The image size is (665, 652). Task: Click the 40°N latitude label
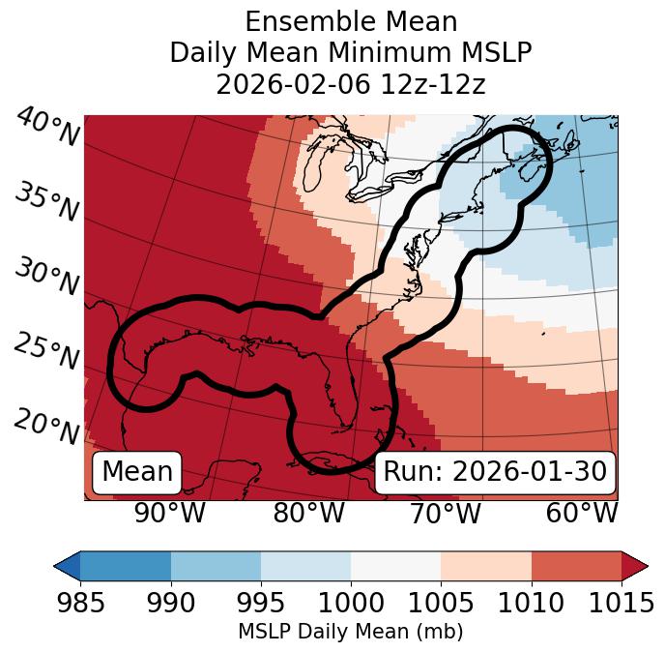pos(47,128)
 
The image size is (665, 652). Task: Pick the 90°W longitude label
pos(170,514)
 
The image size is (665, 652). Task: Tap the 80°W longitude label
pos(308,514)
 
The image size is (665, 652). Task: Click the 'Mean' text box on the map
pos(137,472)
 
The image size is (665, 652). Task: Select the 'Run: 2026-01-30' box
pos(495,472)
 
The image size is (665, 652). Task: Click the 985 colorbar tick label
pos(81,603)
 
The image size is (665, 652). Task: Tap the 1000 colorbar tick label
pos(351,603)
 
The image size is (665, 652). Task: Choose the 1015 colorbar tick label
pos(621,603)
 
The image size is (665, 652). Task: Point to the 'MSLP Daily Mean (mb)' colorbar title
pos(350,633)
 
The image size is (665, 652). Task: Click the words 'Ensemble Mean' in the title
pos(350,21)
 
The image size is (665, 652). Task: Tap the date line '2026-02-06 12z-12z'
pos(350,84)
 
